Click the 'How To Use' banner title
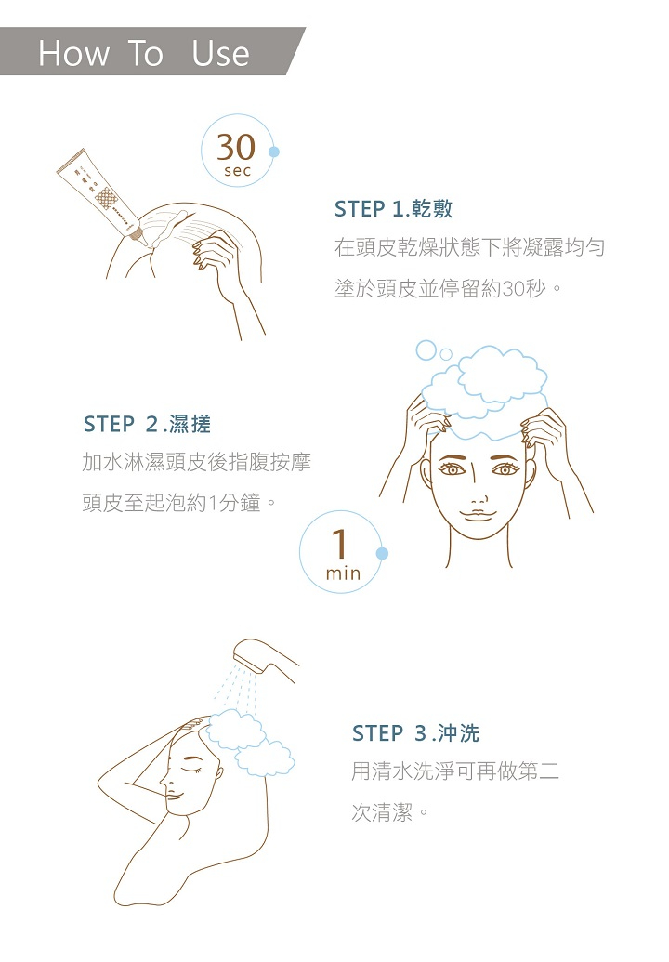tap(143, 53)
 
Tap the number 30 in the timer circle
tap(236, 147)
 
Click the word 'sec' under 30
tap(237, 171)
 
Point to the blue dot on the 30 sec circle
tap(274, 152)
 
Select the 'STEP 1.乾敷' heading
tap(394, 209)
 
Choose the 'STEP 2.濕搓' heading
tap(147, 424)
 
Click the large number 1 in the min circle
tap(339, 544)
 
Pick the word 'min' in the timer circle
tap(344, 573)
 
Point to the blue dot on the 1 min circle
tap(382, 553)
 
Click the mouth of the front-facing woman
tap(479, 515)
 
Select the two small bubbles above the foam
tap(434, 351)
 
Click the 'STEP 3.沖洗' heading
tap(415, 733)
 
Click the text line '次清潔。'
tap(390, 812)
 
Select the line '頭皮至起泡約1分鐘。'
tap(178, 503)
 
